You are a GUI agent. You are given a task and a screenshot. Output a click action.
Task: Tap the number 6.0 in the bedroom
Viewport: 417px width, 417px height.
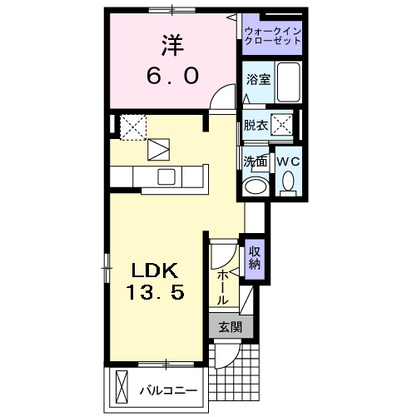(171, 75)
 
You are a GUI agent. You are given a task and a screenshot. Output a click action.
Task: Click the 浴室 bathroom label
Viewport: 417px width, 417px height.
(257, 79)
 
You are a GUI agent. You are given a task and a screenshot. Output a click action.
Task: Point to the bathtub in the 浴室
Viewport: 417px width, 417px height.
(288, 82)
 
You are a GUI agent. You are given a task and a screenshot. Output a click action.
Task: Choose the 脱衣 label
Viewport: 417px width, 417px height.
(256, 126)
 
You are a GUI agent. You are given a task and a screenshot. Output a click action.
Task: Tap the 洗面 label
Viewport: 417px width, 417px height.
(256, 161)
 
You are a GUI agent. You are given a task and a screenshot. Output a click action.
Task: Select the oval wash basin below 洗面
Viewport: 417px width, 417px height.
(256, 186)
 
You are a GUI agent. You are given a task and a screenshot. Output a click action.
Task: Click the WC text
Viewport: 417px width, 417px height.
(288, 161)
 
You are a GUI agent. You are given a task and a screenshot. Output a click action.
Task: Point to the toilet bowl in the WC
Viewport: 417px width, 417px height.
(289, 181)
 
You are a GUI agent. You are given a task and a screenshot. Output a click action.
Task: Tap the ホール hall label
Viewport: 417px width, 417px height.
(223, 286)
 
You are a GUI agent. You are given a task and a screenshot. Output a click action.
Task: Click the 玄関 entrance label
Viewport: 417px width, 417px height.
(229, 327)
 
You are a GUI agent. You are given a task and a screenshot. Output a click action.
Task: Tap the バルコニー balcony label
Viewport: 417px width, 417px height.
(167, 390)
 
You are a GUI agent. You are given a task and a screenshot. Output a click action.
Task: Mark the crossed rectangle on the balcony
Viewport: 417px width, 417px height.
(123, 388)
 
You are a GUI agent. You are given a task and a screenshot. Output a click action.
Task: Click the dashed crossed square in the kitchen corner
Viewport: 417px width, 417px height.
(133, 126)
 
